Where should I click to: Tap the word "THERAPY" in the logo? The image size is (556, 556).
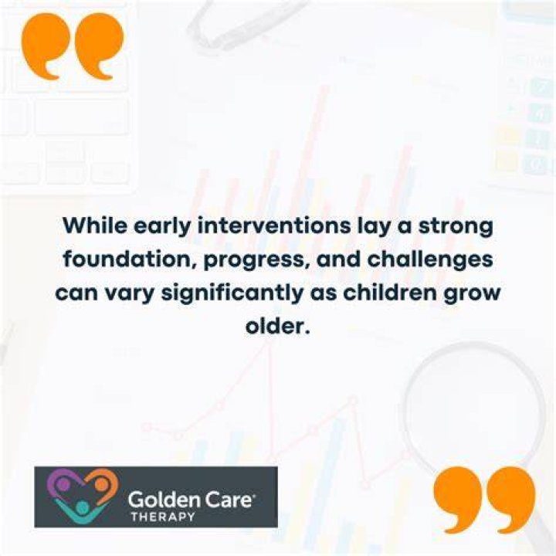click(x=163, y=517)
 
